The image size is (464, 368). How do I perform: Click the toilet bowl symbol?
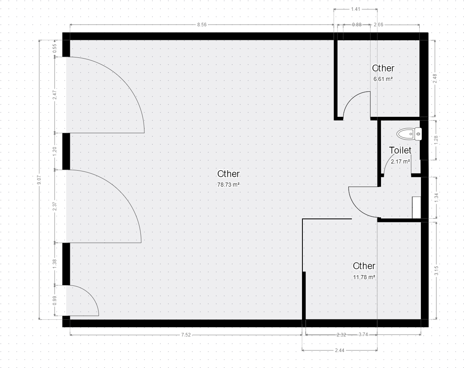pyautogui.click(x=409, y=134)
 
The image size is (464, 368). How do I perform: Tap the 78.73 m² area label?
pyautogui.click(x=229, y=185)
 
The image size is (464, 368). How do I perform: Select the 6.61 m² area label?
pyautogui.click(x=383, y=79)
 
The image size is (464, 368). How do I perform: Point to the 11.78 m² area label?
pyautogui.click(x=364, y=277)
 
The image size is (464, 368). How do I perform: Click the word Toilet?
pyautogui.click(x=400, y=150)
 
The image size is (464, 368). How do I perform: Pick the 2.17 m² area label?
pyautogui.click(x=401, y=161)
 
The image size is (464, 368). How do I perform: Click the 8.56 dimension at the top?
pyautogui.click(x=202, y=25)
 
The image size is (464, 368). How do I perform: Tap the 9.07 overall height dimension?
pyautogui.click(x=39, y=179)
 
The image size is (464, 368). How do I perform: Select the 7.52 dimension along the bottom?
pyautogui.click(x=186, y=335)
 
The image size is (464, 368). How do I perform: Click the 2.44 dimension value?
pyautogui.click(x=340, y=350)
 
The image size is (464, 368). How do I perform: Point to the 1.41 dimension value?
pyautogui.click(x=355, y=9)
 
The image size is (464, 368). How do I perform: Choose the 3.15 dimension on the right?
pyautogui.click(x=436, y=271)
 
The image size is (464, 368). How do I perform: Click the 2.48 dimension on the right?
pyautogui.click(x=435, y=79)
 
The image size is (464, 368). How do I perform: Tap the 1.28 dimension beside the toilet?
pyautogui.click(x=436, y=140)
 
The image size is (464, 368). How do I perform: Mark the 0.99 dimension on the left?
pyautogui.click(x=54, y=301)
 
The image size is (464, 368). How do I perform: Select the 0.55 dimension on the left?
pyautogui.click(x=54, y=48)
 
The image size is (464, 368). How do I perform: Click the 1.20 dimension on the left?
pyautogui.click(x=54, y=152)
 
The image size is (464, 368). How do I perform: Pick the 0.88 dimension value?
pyautogui.click(x=357, y=25)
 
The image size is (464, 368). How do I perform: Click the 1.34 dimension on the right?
pyautogui.click(x=436, y=198)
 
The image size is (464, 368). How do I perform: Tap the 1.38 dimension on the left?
pyautogui.click(x=54, y=264)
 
